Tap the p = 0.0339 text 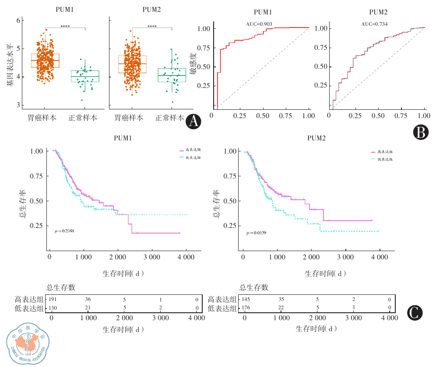[257, 233]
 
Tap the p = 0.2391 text [63, 231]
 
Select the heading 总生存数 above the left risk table [61, 287]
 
